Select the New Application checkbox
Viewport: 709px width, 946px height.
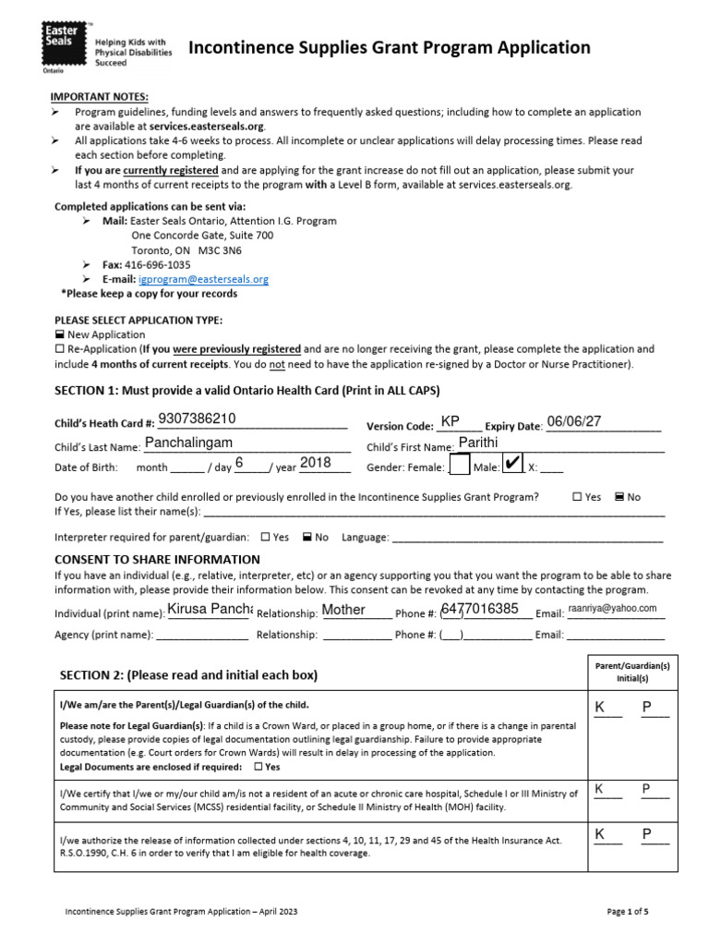tap(60, 334)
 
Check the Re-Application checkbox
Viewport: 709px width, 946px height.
tap(60, 349)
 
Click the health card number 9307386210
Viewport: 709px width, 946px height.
tap(197, 418)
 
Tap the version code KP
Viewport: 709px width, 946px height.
tap(451, 421)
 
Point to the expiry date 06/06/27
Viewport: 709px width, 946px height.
tap(573, 421)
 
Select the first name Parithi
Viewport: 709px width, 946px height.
tap(478, 443)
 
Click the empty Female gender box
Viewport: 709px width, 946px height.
tap(458, 466)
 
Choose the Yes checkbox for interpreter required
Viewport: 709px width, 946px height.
tap(266, 537)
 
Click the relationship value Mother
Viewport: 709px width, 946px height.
tap(343, 610)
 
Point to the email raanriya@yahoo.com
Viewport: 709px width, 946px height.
tap(612, 608)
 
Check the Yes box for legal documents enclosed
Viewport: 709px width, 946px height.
tap(258, 767)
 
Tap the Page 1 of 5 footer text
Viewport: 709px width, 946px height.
tap(627, 912)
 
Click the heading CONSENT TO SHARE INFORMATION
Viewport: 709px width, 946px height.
tap(157, 560)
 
